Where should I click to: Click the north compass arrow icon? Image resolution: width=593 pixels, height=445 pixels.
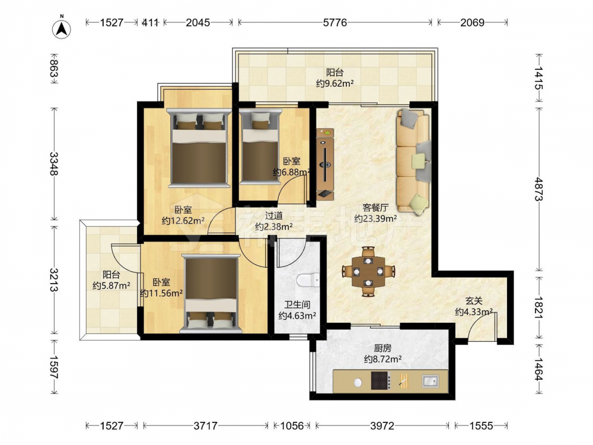(62, 28)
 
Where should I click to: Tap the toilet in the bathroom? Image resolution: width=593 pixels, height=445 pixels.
(308, 281)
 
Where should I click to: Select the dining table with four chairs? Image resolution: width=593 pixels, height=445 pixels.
(368, 271)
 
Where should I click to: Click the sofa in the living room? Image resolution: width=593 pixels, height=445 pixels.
(413, 160)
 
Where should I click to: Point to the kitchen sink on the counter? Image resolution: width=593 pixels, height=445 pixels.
(430, 381)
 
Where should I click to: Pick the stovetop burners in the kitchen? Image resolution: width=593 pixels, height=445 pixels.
(380, 381)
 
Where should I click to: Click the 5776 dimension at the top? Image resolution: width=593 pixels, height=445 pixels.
(334, 23)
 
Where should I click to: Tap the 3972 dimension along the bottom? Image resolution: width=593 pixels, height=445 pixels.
(382, 426)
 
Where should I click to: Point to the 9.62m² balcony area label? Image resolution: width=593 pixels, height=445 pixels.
(334, 83)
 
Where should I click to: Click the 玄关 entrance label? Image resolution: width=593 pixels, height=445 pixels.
(474, 301)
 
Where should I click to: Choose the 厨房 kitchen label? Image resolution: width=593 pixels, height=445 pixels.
(382, 348)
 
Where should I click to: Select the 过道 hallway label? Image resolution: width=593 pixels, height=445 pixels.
(273, 216)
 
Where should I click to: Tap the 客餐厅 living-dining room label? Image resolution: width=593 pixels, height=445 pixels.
(375, 207)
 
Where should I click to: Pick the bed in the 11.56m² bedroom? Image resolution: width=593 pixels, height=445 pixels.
(211, 293)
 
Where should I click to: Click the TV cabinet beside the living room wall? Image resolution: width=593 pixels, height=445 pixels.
(325, 164)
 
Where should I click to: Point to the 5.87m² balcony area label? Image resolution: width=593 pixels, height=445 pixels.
(111, 286)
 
